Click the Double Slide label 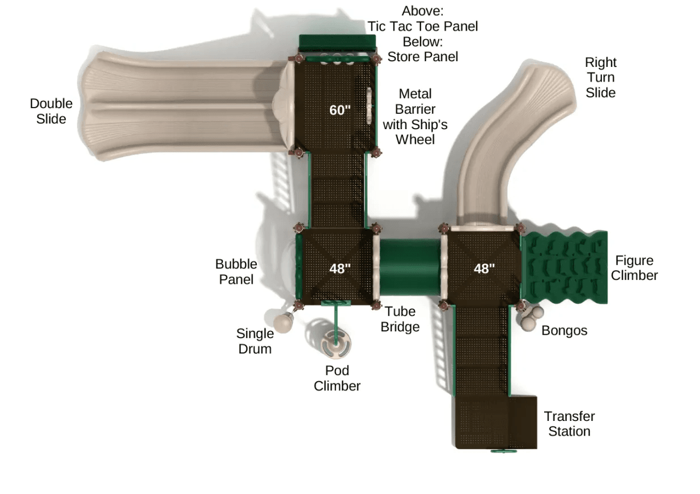[51, 111]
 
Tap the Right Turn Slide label [601, 78]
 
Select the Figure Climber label [634, 268]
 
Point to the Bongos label [564, 330]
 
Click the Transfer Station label [569, 424]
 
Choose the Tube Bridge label [400, 319]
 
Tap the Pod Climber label [337, 378]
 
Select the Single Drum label [254, 341]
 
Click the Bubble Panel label [236, 271]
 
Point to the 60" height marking [340, 110]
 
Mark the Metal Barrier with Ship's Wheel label [414, 116]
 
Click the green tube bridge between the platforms [408, 266]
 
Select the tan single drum [283, 322]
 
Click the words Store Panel [423, 57]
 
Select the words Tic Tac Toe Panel [423, 26]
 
